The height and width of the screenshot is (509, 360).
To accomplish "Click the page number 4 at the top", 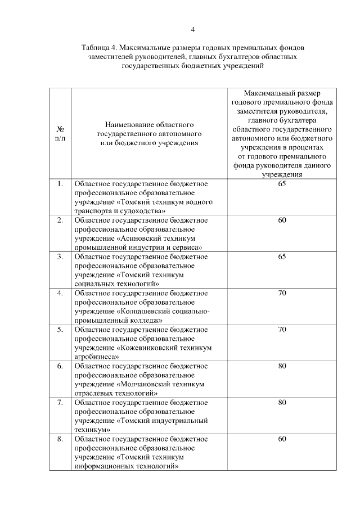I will coord(192,30).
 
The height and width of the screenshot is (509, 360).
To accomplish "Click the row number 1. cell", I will coord(60,184).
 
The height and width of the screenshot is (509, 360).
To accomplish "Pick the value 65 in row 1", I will coord(282,184).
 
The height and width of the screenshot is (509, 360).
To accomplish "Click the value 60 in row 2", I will coord(282,220).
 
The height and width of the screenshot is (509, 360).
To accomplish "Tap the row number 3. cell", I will coord(60,256).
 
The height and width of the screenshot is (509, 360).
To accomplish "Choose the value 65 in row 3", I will coord(282,256).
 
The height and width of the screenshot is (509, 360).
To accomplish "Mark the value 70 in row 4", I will coord(282,293).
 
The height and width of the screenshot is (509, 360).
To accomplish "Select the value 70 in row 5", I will coord(282,330).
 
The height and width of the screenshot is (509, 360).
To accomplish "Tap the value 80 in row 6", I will coord(282,366).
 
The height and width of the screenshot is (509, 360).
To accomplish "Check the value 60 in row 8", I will coord(282,439).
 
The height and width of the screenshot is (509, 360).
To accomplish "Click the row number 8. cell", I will coord(60,439).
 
